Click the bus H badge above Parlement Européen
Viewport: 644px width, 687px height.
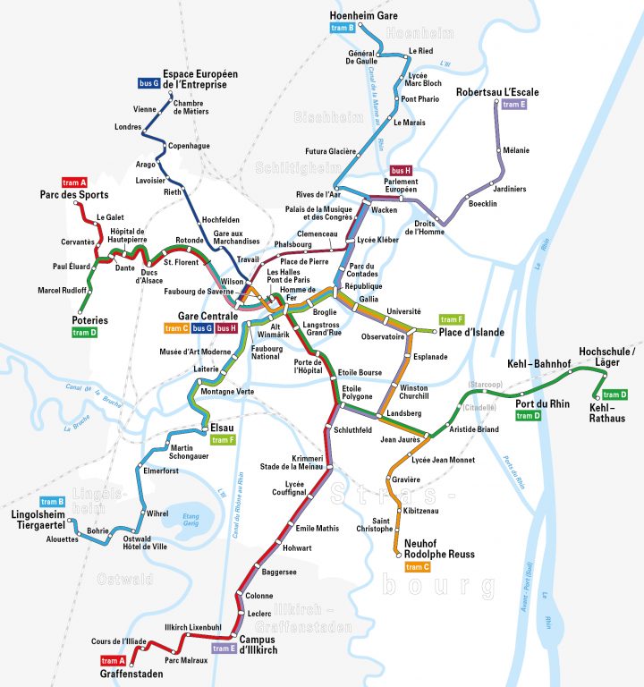point(400,170)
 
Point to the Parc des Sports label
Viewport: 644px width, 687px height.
point(74,195)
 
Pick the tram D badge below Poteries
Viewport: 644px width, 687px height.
point(84,333)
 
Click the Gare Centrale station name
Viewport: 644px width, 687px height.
point(208,316)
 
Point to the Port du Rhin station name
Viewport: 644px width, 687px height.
point(542,403)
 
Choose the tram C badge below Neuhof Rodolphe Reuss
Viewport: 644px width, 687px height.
point(418,567)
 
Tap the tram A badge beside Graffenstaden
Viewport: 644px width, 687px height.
point(114,661)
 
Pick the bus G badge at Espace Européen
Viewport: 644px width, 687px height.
point(148,83)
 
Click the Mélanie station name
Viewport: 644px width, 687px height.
point(516,150)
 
